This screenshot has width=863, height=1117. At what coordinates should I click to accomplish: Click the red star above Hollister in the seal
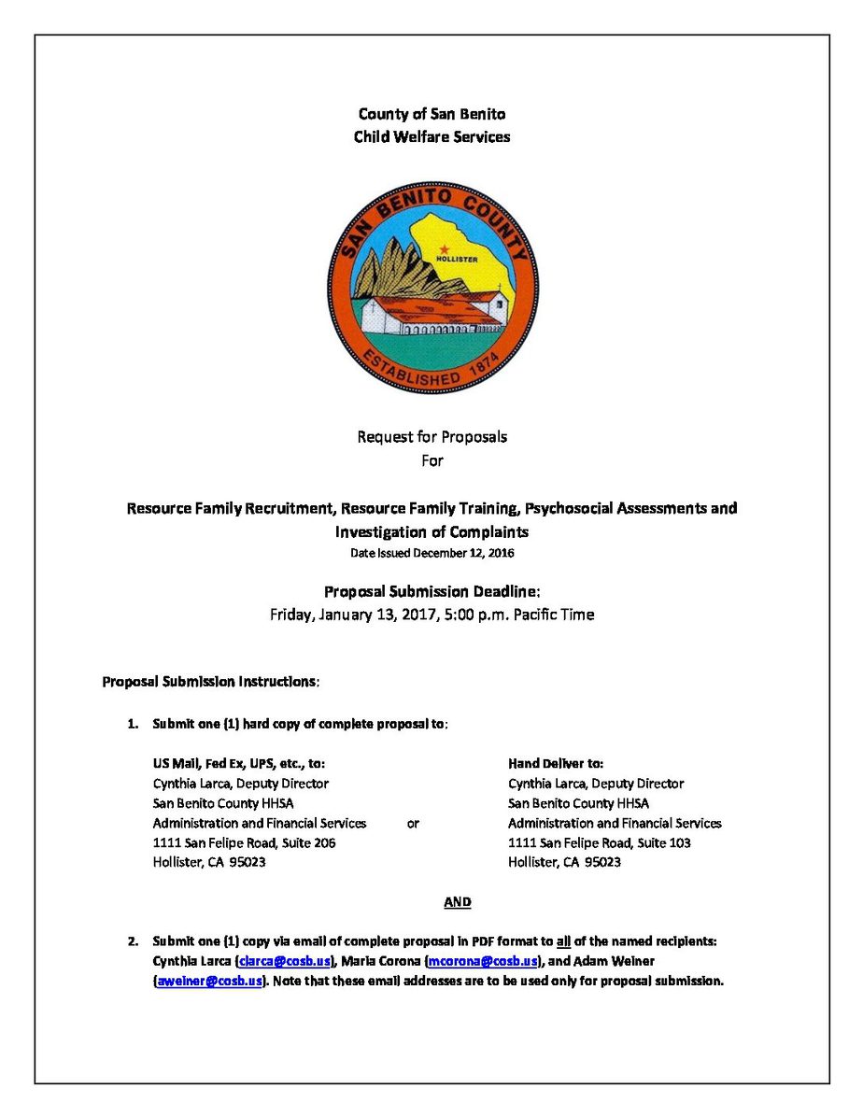[x=445, y=249]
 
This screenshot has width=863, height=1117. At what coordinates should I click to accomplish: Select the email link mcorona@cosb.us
[x=482, y=961]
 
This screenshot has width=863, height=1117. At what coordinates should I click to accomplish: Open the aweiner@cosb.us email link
[x=207, y=981]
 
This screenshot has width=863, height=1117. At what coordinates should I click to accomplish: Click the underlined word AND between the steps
[x=458, y=902]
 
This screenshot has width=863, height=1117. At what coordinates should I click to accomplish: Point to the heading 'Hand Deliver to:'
[x=555, y=764]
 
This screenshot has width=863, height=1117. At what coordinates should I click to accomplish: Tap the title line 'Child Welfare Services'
[x=431, y=136]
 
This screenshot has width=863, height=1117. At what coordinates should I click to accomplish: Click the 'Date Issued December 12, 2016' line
[x=431, y=553]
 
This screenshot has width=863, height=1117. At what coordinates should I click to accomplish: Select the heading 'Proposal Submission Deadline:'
[x=431, y=591]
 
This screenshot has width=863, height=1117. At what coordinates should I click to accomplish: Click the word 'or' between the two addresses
[x=413, y=824]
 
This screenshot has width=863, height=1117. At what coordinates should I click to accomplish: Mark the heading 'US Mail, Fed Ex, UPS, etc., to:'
[x=239, y=764]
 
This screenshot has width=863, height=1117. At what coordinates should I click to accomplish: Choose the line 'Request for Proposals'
[x=431, y=436]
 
